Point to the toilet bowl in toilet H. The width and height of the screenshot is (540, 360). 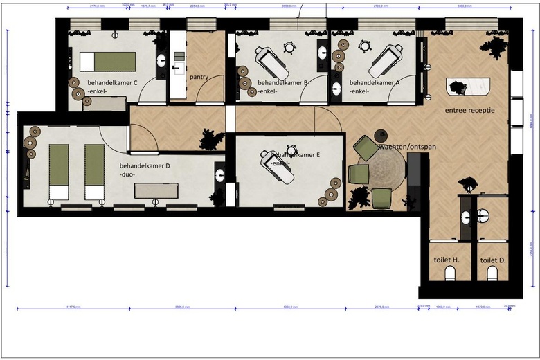(448, 275)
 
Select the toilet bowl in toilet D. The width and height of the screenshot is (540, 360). (492, 275)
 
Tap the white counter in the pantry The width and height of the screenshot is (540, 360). (177, 66)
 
